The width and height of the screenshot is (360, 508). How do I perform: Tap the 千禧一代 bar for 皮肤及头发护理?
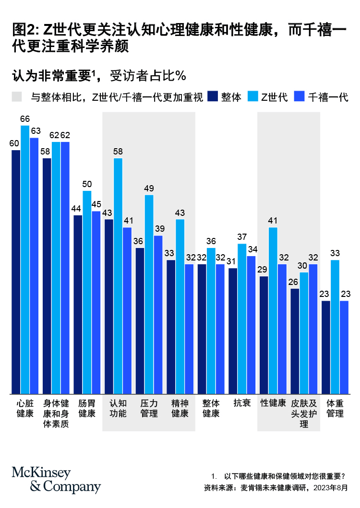click(x=313, y=329)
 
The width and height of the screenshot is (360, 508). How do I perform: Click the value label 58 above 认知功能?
click(x=118, y=152)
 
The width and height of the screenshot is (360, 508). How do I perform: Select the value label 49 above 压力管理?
click(x=149, y=189)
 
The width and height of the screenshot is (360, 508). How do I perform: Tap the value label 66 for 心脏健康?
click(x=25, y=119)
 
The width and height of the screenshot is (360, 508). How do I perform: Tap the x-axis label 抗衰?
click(x=242, y=403)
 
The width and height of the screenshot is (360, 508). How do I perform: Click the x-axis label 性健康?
click(x=273, y=403)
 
